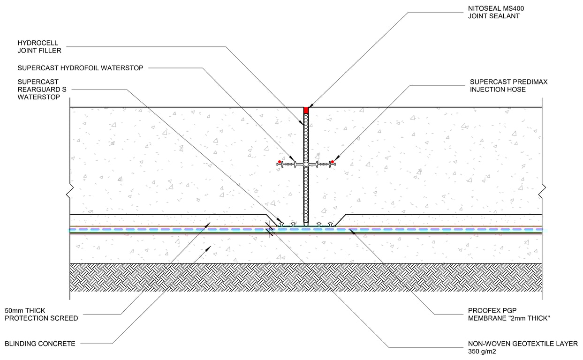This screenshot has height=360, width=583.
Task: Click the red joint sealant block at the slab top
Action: click(306, 110)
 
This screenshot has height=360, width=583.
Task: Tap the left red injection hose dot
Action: click(280, 162)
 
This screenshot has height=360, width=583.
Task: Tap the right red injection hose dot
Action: click(332, 162)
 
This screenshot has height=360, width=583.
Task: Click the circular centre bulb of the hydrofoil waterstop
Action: click(306, 165)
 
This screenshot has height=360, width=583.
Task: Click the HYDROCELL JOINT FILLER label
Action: click(39, 47)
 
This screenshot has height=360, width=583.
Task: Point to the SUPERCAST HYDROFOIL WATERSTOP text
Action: click(80, 68)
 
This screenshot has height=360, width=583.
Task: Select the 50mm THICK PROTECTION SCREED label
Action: click(41, 314)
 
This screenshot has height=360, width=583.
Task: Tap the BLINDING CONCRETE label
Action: click(40, 344)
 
